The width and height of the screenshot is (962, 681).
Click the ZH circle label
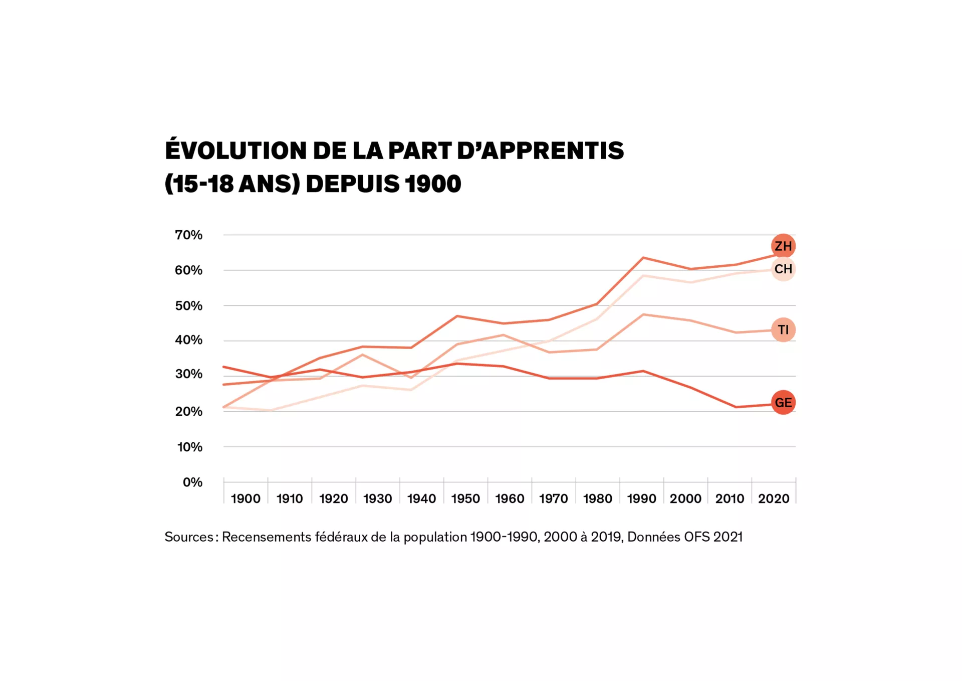(783, 246)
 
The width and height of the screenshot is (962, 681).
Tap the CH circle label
(783, 269)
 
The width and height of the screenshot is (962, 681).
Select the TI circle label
(783, 330)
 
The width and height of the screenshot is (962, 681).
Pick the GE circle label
(783, 403)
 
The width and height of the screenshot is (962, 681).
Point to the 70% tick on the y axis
(188, 235)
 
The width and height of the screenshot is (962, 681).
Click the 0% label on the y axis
(192, 482)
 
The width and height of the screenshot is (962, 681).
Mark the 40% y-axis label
(188, 340)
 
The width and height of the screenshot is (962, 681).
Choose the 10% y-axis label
(189, 447)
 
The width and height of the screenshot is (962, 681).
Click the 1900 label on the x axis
(246, 499)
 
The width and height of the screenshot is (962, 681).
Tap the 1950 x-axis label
(465, 499)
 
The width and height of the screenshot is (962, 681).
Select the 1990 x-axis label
(641, 499)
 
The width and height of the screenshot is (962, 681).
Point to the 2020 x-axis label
(774, 499)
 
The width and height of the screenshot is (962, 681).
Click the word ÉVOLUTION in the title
(235, 150)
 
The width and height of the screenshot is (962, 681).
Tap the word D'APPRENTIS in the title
(540, 151)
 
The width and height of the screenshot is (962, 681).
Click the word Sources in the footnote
(189, 537)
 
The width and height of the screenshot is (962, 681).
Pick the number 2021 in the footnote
(728, 537)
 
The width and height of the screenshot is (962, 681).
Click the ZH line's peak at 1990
(643, 258)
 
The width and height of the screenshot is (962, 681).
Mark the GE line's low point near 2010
(736, 407)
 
